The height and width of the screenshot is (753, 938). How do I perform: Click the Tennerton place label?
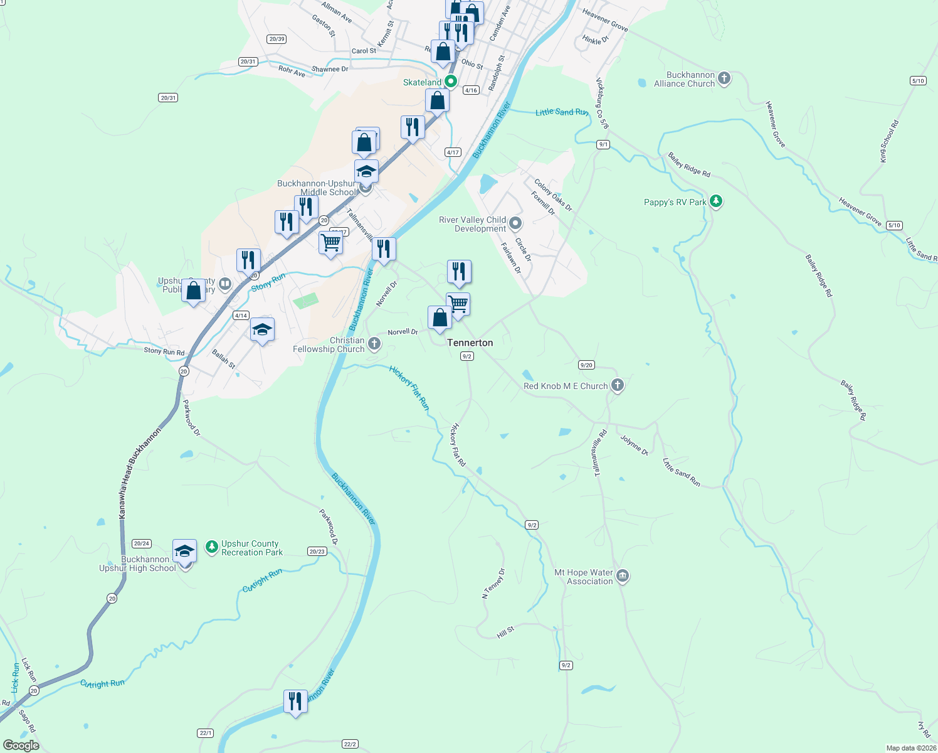pos(470,343)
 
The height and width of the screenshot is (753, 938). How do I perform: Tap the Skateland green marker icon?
pos(450,82)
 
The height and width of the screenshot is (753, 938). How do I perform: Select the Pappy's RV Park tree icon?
pos(716,201)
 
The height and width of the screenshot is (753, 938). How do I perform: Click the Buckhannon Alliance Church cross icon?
pos(724,78)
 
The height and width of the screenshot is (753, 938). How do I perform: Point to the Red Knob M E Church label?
pos(566,386)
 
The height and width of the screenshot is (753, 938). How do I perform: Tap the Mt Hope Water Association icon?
pos(623,576)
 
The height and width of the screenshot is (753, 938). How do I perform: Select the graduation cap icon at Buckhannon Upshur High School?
pos(184,551)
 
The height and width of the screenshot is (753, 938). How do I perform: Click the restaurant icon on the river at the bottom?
pos(295,701)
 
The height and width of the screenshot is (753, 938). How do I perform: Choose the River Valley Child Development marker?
pos(515,223)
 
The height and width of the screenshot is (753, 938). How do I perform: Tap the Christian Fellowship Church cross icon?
pos(374,343)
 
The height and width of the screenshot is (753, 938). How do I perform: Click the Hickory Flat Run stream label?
pos(409,388)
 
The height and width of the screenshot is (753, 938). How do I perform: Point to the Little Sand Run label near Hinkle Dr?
pos(562,112)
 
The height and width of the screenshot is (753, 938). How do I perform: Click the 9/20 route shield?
pos(586,365)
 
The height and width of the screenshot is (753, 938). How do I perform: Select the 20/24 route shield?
pos(142,543)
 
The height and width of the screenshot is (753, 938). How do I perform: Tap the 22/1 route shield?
pos(206,733)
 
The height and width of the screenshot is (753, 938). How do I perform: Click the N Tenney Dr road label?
pos(493,584)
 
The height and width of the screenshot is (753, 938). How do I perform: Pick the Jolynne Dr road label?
pos(634,444)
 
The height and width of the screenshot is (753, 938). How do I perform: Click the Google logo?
pos(21,745)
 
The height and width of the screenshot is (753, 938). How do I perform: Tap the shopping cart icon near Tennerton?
pos(458,304)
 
